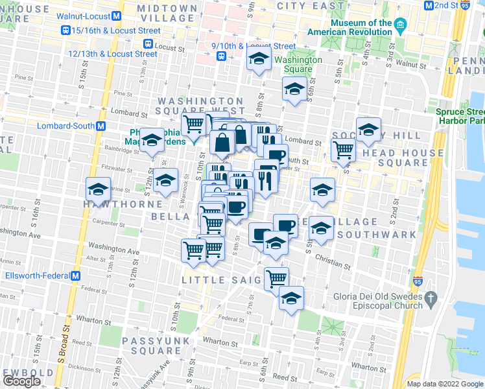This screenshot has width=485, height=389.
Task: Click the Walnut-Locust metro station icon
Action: pyautogui.click(x=116, y=16)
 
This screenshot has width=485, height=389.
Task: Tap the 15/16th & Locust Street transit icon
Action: pyautogui.click(x=65, y=30)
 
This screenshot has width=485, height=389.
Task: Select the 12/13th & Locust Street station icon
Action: pyautogui.click(x=148, y=44)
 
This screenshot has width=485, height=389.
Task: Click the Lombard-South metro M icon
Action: pyautogui.click(x=101, y=126)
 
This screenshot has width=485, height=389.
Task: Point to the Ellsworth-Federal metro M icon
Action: pyautogui.click(x=76, y=275)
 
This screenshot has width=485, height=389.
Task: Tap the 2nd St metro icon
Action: pyautogui.click(x=429, y=5)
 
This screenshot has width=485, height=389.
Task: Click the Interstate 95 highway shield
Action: pyautogui.click(x=418, y=282)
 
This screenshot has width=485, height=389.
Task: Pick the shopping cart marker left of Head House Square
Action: pyautogui.click(x=342, y=149)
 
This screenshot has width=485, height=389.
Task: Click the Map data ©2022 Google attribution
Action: pyautogui.click(x=445, y=384)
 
